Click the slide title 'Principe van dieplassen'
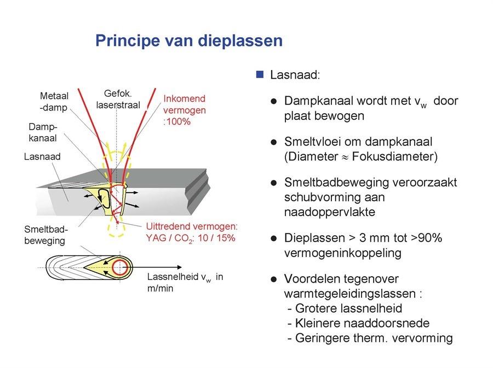(x=189, y=41)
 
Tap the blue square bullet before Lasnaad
(x=260, y=74)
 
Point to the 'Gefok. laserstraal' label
(x=118, y=100)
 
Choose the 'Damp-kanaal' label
(x=43, y=132)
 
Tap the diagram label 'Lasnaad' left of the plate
(x=42, y=157)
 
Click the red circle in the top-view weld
(x=121, y=267)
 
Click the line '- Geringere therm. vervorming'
(x=370, y=338)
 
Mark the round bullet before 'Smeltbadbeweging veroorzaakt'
(x=273, y=183)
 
